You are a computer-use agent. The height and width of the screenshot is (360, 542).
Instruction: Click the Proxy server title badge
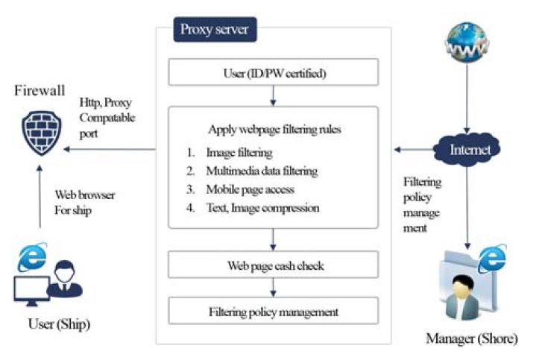pyautogui.click(x=215, y=29)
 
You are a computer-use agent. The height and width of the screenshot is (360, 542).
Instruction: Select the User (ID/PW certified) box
pyautogui.click(x=274, y=72)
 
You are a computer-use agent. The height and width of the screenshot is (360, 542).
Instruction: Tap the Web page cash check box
pyautogui.click(x=274, y=265)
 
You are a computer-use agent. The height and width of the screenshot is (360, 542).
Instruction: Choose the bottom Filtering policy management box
pyautogui.click(x=274, y=311)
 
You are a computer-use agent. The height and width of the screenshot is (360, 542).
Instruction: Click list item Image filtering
pyautogui.click(x=239, y=152)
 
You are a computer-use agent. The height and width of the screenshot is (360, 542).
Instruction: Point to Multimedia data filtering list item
pyautogui.click(x=262, y=171)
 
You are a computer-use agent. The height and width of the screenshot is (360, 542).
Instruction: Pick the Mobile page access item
pyautogui.click(x=250, y=189)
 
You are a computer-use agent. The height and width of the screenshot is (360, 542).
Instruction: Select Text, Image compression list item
pyautogui.click(x=262, y=208)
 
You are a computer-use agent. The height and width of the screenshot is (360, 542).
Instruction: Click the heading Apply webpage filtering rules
pyautogui.click(x=274, y=129)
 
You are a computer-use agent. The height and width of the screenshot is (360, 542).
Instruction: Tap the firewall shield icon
pyautogui.click(x=42, y=133)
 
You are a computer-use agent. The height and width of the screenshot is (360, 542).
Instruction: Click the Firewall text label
pyautogui.click(x=40, y=90)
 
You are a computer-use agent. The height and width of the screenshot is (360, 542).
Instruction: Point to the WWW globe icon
pyautogui.click(x=467, y=42)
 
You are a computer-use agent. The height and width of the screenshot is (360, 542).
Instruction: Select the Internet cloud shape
pyautogui.click(x=467, y=149)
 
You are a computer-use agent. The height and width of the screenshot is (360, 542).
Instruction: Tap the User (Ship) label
pyautogui.click(x=59, y=324)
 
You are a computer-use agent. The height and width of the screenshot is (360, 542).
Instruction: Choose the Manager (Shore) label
pyautogui.click(x=472, y=338)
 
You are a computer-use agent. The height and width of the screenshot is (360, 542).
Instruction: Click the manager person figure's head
pyautogui.click(x=462, y=286)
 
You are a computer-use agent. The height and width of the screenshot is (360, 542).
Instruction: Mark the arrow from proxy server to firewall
pyautogui.click(x=110, y=149)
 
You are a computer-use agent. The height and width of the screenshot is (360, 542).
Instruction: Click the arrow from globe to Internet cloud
pyautogui.click(x=467, y=98)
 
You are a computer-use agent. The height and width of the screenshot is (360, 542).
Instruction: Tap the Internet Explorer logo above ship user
pyautogui.click(x=32, y=256)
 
